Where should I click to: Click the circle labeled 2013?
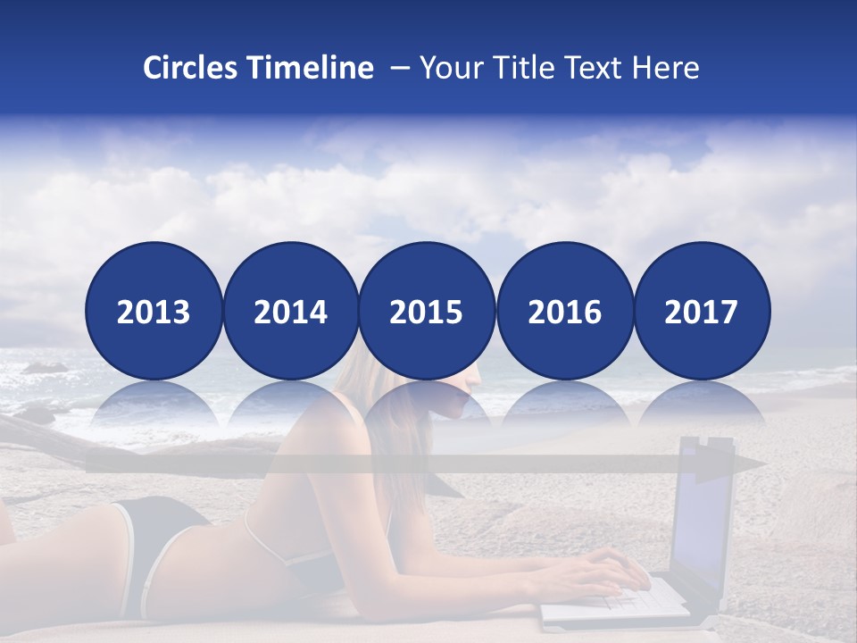tap(154, 311)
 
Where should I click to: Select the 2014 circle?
tap(291, 311)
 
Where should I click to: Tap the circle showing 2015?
tap(427, 311)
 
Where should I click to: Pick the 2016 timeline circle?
tap(564, 311)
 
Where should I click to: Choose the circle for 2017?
tap(702, 311)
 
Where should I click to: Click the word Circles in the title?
tap(190, 68)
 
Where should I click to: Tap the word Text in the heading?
tap(591, 68)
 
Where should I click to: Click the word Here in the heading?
tap(665, 68)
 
